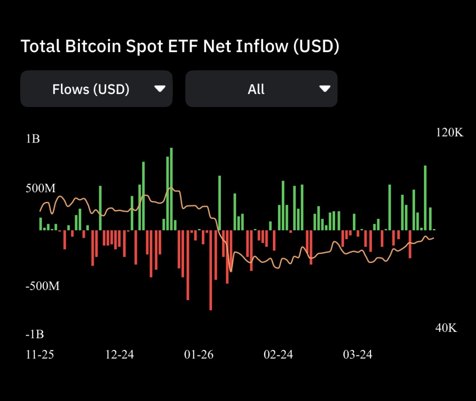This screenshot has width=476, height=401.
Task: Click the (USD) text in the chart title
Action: pyautogui.click(x=315, y=46)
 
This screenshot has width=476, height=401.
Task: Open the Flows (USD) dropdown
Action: pyautogui.click(x=96, y=89)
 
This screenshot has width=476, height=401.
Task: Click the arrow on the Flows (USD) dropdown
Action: pyautogui.click(x=160, y=89)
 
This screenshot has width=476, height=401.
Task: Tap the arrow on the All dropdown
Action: pyautogui.click(x=325, y=89)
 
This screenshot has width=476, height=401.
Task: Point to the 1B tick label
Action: pyautogui.click(x=33, y=139)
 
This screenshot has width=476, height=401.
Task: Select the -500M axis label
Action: pyautogui.click(x=42, y=286)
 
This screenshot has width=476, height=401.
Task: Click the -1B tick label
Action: pyautogui.click(x=35, y=335)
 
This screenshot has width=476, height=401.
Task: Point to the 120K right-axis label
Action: pyautogui.click(x=449, y=132)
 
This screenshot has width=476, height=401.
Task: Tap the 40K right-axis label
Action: pyautogui.click(x=446, y=328)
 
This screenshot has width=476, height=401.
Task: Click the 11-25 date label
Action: pyautogui.click(x=40, y=355)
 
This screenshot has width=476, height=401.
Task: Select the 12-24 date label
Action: pyautogui.click(x=119, y=355)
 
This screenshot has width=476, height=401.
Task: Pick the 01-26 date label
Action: pyautogui.click(x=199, y=355)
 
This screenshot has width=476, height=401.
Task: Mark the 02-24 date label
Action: pyautogui.click(x=278, y=355)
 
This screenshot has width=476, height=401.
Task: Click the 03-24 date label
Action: pyautogui.click(x=357, y=355)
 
